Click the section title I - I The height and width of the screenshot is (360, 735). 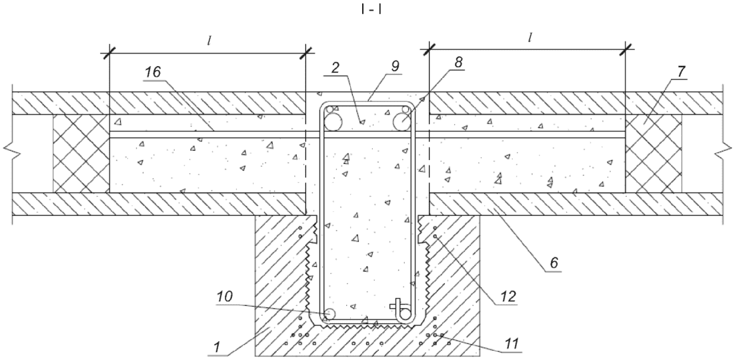372,10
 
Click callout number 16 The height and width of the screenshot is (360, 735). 152,72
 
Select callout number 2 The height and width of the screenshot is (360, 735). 335,67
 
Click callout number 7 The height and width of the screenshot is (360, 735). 680,72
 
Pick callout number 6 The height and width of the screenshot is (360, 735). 554,263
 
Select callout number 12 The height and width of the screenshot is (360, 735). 508,296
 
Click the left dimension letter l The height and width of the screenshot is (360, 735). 209,40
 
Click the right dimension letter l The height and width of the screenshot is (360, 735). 530,38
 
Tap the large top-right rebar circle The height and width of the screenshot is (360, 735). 403,122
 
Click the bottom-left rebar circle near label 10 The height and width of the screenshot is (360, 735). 330,313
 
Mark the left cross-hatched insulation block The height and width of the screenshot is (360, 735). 81,154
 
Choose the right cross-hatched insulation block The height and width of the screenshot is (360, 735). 654,154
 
